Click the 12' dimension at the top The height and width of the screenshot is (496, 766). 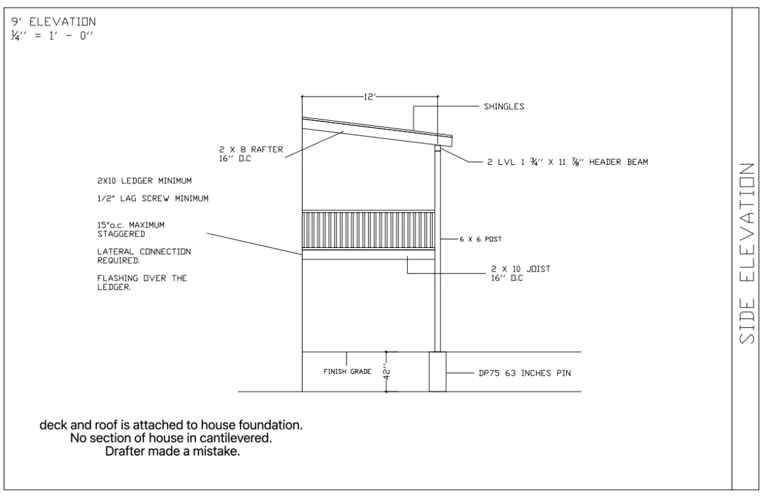[370, 97]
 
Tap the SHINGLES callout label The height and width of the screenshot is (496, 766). [504, 107]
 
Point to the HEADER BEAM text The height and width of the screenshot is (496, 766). [619, 162]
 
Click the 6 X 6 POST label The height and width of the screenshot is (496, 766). [481, 239]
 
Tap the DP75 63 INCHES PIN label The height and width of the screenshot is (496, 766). [525, 373]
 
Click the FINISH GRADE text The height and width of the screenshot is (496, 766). [347, 371]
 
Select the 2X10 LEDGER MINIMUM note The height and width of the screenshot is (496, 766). [144, 181]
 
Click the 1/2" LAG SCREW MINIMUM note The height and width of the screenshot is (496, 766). [153, 199]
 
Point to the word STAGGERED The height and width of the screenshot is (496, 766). [121, 234]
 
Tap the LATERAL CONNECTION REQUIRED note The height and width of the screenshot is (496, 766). [144, 256]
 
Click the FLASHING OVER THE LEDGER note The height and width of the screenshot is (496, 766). [142, 283]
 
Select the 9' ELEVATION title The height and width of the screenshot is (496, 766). [54, 22]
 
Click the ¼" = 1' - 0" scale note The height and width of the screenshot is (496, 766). [52, 36]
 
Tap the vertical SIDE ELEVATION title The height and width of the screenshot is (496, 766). [747, 253]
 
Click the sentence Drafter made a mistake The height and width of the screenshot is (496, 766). [172, 451]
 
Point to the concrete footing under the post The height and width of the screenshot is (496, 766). [438, 372]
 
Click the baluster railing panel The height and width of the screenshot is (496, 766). [369, 230]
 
